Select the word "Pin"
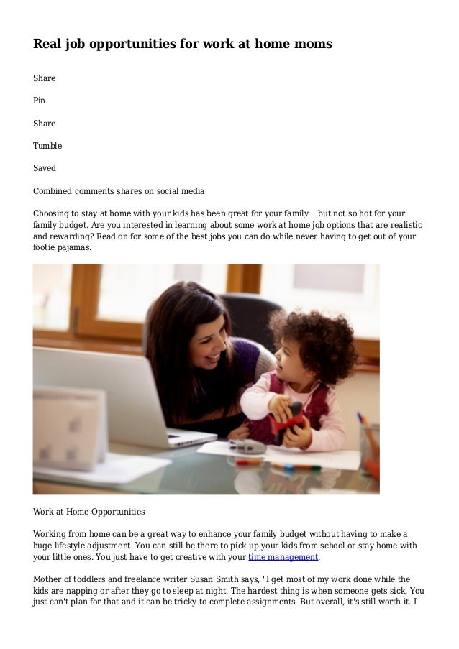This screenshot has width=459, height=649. [x=40, y=101]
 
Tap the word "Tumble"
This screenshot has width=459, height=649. [x=47, y=146]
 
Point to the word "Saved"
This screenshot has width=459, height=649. [x=45, y=169]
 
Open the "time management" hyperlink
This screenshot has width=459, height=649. [x=283, y=557]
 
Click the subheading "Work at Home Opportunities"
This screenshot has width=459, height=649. [x=89, y=512]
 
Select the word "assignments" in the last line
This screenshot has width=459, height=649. [x=270, y=602]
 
